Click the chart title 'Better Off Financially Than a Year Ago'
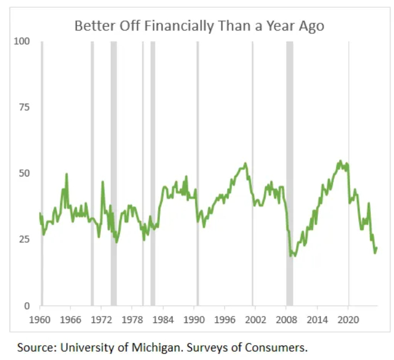(199, 26)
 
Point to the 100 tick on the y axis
(22, 41)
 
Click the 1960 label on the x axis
(40, 319)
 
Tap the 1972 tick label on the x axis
(101, 319)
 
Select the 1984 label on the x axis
(163, 319)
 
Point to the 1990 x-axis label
(194, 319)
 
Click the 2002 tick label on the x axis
(256, 319)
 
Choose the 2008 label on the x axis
(287, 319)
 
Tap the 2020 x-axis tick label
(349, 319)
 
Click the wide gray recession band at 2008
(290, 119)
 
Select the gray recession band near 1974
(113, 119)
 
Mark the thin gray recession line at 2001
(252, 119)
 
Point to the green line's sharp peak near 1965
(67, 174)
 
